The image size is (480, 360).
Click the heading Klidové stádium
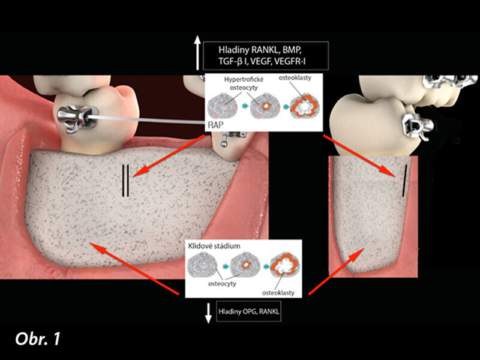(214, 246)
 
